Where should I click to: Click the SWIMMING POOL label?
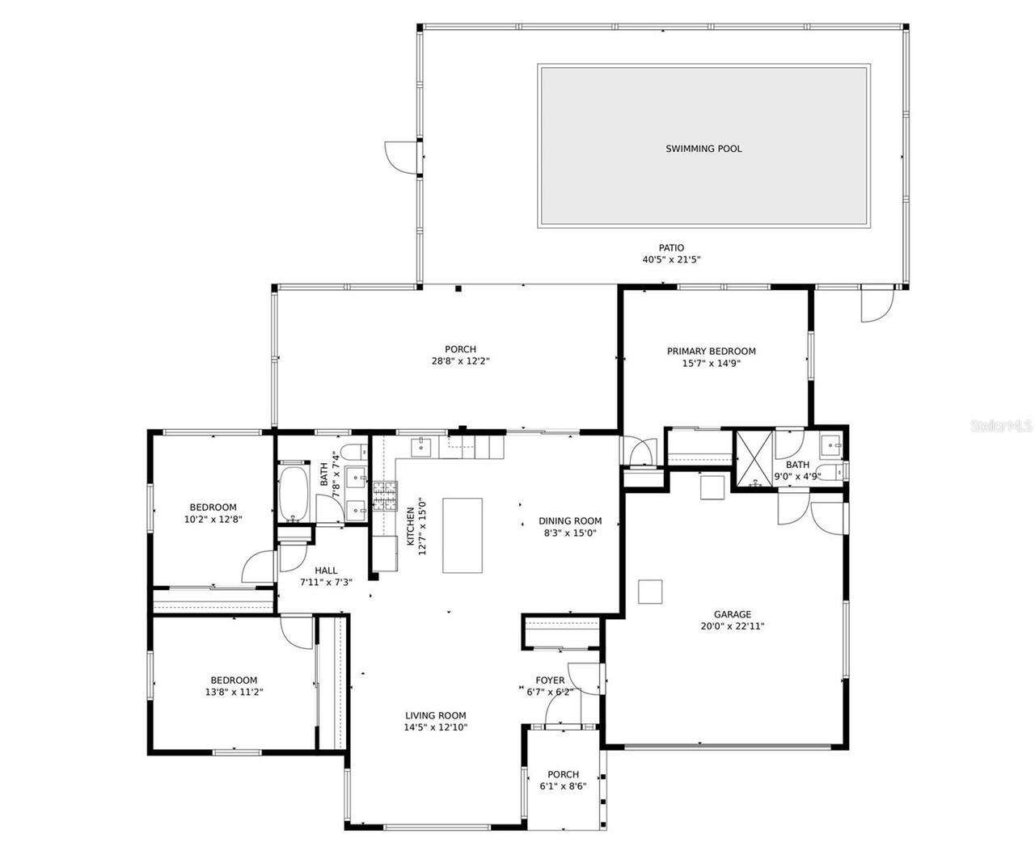(703, 149)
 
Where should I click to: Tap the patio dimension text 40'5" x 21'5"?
(670, 260)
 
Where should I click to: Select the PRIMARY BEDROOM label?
(711, 352)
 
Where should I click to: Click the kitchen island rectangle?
(462, 535)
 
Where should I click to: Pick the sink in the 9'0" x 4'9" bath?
(830, 444)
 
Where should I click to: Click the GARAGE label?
(732, 614)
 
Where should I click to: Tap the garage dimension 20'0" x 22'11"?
(732, 626)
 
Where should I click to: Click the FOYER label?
(550, 680)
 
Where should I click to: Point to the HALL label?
(326, 571)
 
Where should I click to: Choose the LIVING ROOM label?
(435, 715)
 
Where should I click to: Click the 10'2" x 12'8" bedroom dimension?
(213, 520)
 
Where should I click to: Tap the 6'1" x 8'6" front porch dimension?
(563, 786)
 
